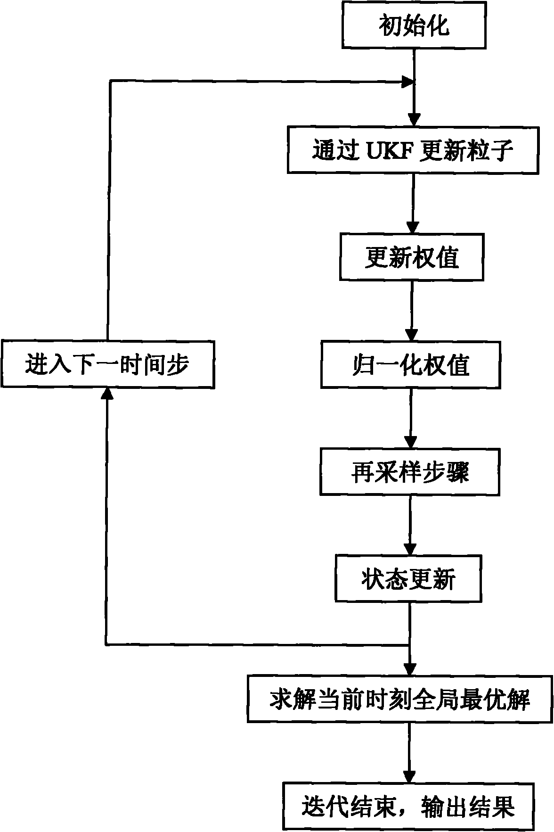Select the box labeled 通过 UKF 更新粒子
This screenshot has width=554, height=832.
pos(413,149)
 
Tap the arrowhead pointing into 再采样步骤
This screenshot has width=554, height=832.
pos(410,442)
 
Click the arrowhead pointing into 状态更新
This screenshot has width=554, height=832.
pos(409,549)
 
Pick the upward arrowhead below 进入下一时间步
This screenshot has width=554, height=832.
pos(107,394)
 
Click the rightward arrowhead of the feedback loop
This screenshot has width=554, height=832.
pos(407,83)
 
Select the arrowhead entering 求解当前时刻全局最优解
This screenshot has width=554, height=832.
pos(409,669)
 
